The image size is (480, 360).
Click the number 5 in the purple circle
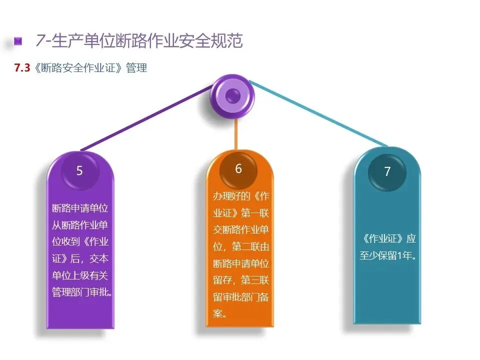(x=79, y=171)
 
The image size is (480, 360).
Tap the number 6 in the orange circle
(x=238, y=169)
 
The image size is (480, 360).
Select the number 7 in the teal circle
(x=387, y=172)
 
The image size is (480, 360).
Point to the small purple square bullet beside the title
(x=18, y=41)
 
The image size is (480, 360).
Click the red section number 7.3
(x=22, y=68)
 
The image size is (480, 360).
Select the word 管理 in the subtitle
(x=136, y=68)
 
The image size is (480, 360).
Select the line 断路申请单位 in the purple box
(x=80, y=208)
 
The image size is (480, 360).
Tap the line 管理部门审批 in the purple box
(x=81, y=292)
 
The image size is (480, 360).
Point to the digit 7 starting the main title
(x=40, y=41)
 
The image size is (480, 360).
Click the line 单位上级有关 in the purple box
(x=80, y=275)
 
